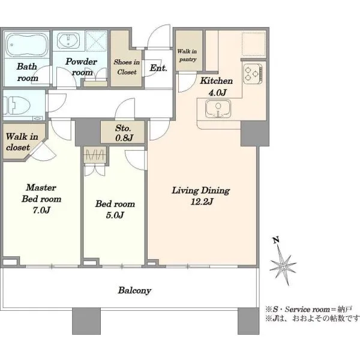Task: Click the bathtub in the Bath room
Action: pyautogui.click(x=26, y=44)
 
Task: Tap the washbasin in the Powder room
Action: pyautogui.click(x=68, y=41)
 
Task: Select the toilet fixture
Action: pyautogui.click(x=17, y=106)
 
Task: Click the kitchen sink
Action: pyautogui.click(x=218, y=109)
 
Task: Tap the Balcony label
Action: pyautogui.click(x=134, y=290)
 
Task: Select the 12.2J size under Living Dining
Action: pyautogui.click(x=202, y=202)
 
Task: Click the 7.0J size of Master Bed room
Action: pyautogui.click(x=41, y=210)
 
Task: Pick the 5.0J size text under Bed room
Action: pyautogui.click(x=115, y=215)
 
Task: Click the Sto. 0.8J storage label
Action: pyautogui.click(x=124, y=133)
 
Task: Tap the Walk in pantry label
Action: pyautogui.click(x=187, y=55)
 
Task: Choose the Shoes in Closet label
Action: pyautogui.click(x=127, y=67)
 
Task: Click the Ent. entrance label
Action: pyautogui.click(x=158, y=68)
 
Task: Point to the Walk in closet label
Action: pyautogui.click(x=22, y=142)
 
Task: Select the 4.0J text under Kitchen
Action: pyautogui.click(x=217, y=92)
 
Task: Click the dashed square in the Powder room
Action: pyautogui.click(x=97, y=41)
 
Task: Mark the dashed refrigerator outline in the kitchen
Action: pyautogui.click(x=254, y=44)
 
